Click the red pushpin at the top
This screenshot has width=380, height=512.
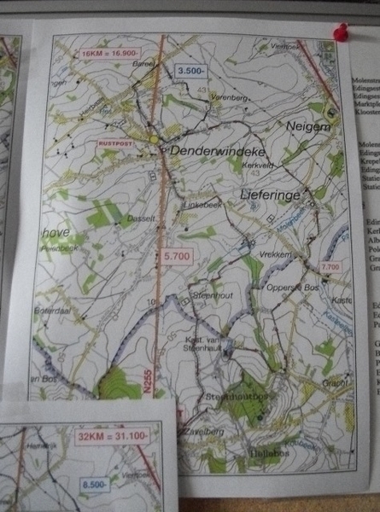[342, 33]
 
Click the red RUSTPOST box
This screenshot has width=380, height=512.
[118, 143]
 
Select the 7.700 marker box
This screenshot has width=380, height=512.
[328, 267]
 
